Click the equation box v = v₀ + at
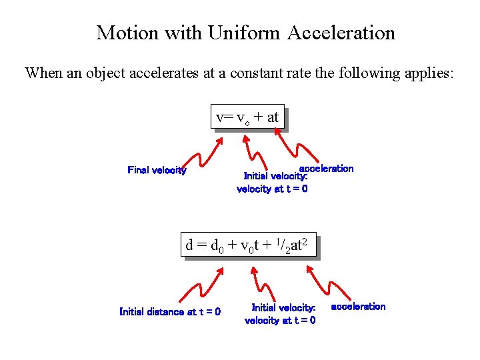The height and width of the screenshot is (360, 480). click(x=247, y=117)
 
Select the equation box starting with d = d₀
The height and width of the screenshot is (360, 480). click(x=248, y=245)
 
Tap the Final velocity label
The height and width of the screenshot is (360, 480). click(x=157, y=171)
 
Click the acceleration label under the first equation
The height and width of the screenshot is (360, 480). click(x=327, y=168)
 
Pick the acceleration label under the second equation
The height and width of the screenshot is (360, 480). click(x=358, y=307)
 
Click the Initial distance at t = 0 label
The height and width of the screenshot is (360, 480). click(x=170, y=311)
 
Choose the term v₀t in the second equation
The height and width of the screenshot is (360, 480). click(x=251, y=246)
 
